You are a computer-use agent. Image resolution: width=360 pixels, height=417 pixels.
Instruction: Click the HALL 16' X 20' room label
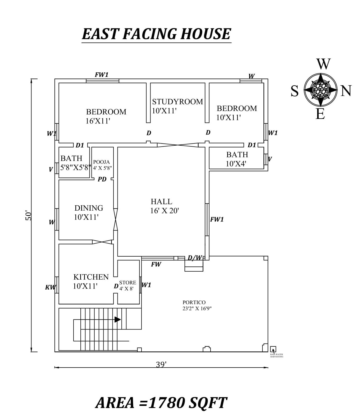[x=165, y=206]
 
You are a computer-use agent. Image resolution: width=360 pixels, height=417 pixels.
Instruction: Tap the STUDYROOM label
[x=177, y=102]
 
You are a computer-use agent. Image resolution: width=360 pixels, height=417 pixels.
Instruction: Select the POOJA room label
[x=101, y=162]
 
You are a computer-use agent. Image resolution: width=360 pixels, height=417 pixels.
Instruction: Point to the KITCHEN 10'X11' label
[x=91, y=281]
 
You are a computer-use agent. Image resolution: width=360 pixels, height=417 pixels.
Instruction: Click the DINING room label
[x=88, y=212]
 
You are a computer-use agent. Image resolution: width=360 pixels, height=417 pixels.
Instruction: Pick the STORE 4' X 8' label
[x=127, y=285]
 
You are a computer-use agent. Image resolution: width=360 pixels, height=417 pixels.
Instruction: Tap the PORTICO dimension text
[x=197, y=308]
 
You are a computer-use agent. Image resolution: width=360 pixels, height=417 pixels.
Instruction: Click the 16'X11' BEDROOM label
[x=106, y=116]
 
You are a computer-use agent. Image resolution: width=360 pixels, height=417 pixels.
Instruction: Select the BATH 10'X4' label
[x=237, y=159]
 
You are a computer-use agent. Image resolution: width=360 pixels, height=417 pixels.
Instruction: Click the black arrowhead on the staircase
[x=117, y=319]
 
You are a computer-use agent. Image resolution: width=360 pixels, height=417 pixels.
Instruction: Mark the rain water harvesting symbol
[x=273, y=349]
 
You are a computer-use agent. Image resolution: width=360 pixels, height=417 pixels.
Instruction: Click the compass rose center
[x=320, y=90]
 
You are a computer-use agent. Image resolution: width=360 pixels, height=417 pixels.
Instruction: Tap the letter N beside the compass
[x=346, y=91]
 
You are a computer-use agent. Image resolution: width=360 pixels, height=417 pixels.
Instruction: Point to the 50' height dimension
[x=28, y=215]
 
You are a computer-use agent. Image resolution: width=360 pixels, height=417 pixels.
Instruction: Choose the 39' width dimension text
[x=161, y=364]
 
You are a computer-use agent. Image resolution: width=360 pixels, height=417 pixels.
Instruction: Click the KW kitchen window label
[x=50, y=287]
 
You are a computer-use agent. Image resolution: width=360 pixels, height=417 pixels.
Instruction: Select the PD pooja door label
[x=102, y=179]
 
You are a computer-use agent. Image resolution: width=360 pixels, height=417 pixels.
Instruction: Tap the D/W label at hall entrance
[x=195, y=258]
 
